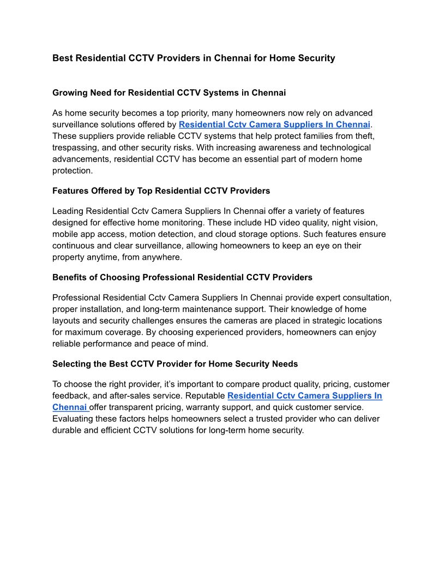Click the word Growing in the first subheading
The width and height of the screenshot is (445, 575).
click(x=69, y=93)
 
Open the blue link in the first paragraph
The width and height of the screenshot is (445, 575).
click(x=274, y=125)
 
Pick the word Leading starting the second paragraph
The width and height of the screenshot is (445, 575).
click(x=68, y=211)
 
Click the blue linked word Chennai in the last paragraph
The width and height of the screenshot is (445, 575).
click(x=69, y=407)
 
